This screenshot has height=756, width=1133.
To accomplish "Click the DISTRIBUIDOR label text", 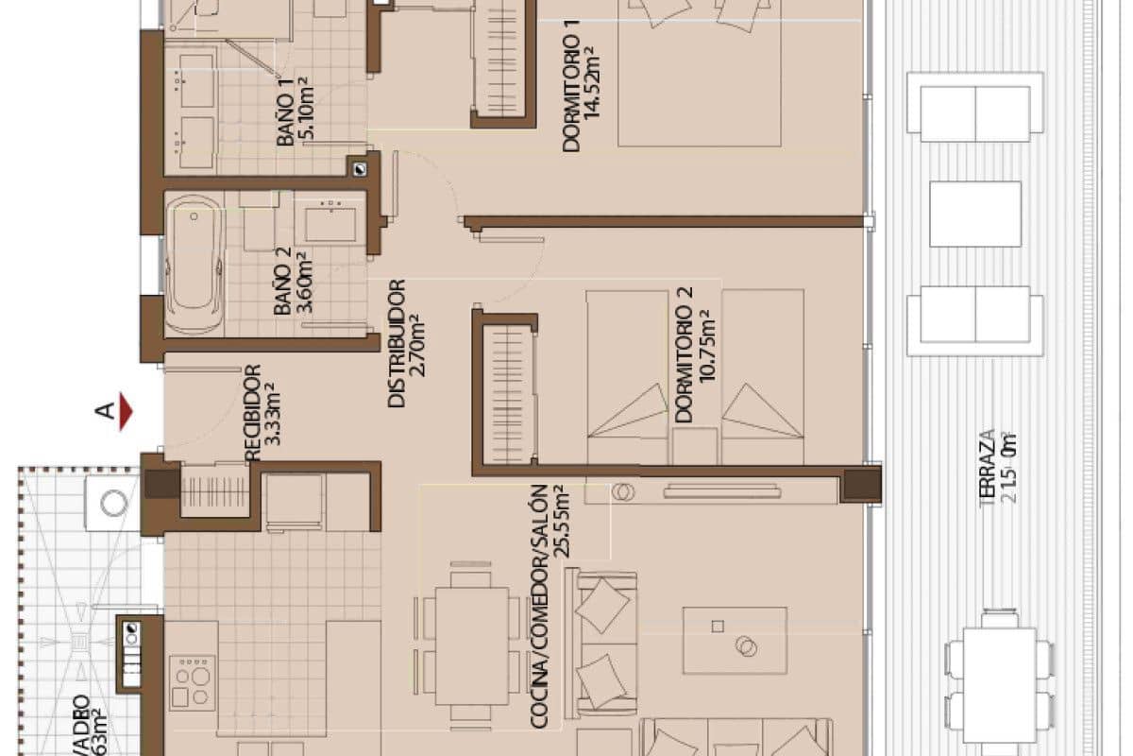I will (397, 342).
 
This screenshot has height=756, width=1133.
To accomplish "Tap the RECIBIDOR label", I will (252, 413).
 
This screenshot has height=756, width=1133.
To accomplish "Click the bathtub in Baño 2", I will (193, 265).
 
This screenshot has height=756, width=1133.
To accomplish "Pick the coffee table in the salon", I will (735, 640).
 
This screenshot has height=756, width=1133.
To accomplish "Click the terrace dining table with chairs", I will (1000, 679).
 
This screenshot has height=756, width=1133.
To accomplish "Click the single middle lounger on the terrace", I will (974, 215).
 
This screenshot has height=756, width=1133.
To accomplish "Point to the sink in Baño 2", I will (330, 223).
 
